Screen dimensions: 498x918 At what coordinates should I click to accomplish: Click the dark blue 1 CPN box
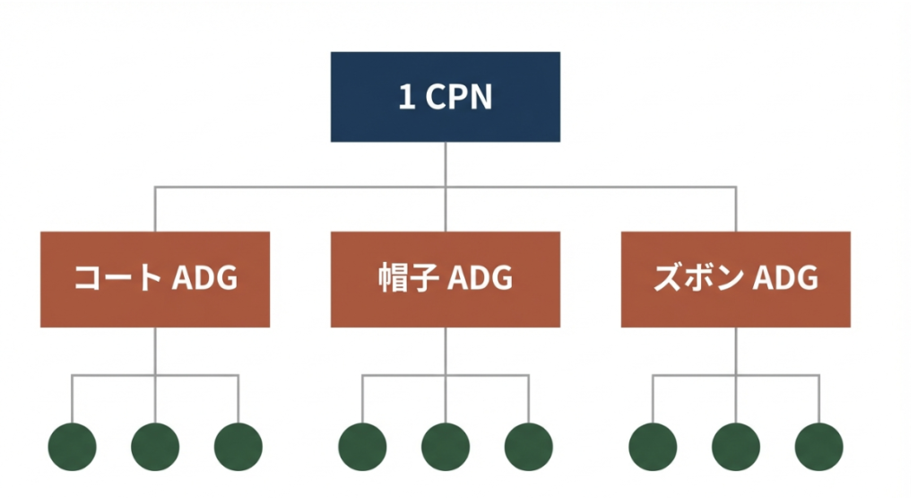(446, 97)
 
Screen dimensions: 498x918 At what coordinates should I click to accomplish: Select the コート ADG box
(155, 279)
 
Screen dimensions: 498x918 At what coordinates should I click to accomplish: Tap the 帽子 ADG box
(446, 279)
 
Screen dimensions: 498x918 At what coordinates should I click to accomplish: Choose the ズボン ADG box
(735, 279)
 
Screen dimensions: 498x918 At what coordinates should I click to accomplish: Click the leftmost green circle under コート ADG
(72, 446)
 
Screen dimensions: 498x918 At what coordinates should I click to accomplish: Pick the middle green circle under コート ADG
(155, 446)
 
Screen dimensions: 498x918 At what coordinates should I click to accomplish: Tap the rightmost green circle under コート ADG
(238, 446)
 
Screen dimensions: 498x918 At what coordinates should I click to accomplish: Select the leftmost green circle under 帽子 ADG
(362, 446)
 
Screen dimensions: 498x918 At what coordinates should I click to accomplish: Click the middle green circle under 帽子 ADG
(446, 446)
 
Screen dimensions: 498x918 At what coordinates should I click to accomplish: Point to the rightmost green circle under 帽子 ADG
(529, 446)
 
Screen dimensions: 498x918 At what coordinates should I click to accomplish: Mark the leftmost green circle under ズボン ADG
(653, 446)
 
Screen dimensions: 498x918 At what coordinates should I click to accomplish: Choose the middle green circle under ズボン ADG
(736, 446)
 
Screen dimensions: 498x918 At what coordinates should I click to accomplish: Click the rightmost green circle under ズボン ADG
(819, 446)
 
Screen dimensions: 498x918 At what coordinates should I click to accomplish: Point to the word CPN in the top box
(458, 98)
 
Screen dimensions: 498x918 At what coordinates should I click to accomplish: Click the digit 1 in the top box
(406, 98)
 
